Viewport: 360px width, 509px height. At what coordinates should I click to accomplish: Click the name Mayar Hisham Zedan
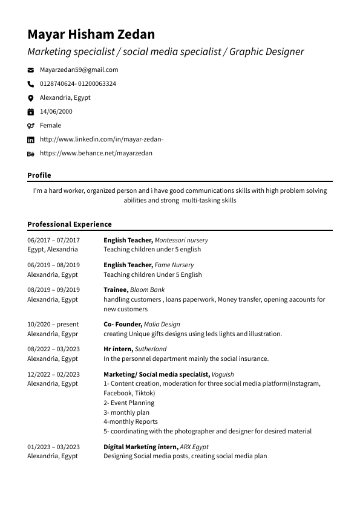[91, 34]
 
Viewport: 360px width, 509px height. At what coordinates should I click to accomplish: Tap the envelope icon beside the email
[31, 70]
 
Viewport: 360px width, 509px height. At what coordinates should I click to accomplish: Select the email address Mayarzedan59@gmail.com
[79, 70]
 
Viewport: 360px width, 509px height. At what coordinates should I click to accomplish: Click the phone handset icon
[31, 84]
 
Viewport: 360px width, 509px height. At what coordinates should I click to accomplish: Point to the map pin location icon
[31, 98]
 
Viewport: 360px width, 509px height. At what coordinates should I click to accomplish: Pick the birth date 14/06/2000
[56, 112]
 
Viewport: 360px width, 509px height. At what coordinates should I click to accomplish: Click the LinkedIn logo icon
[31, 140]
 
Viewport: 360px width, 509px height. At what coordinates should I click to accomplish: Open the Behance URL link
[96, 154]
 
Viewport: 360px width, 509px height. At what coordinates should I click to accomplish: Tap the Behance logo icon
[31, 154]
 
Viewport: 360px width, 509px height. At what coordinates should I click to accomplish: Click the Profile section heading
[39, 175]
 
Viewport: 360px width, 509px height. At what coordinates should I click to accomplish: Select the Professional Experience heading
[70, 224]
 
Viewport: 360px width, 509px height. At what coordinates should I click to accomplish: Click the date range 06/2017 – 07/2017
[53, 240]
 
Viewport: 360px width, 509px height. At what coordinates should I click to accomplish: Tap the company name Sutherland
[151, 349]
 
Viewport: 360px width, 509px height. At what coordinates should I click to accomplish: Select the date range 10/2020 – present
[53, 325]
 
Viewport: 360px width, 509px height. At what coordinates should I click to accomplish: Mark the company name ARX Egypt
[194, 447]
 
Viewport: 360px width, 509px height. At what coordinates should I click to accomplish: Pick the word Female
[50, 126]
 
